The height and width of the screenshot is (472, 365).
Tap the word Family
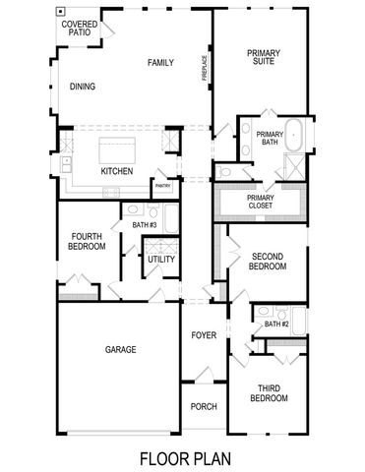[x=160, y=63]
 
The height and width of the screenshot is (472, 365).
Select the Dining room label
[x=84, y=86]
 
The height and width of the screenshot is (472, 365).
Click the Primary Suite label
[x=261, y=57]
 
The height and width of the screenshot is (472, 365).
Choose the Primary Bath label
[x=270, y=139]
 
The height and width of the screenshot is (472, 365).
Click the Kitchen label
[x=117, y=171]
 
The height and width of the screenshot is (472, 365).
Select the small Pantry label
[x=161, y=185]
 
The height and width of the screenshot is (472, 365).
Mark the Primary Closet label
[x=261, y=202]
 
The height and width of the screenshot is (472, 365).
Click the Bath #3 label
[x=145, y=225]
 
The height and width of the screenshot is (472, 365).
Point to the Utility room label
[x=161, y=260]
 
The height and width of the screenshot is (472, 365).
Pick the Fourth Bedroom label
[x=88, y=242]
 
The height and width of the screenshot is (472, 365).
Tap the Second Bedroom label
[x=267, y=261]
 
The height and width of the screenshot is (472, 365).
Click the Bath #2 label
[x=275, y=324]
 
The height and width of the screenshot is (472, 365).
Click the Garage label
[x=120, y=350]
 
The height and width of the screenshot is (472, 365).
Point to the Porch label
[x=204, y=407]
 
